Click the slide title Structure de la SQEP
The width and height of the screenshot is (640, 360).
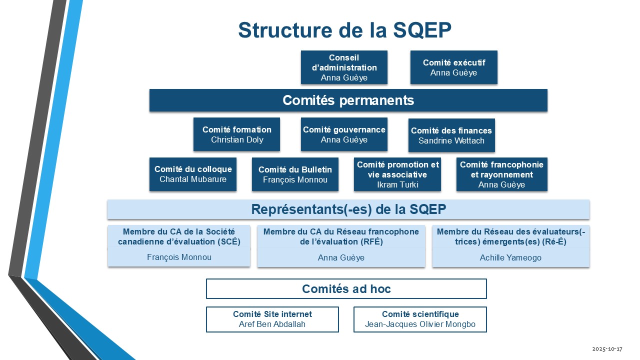tap(344, 30)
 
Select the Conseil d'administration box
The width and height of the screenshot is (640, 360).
tap(344, 67)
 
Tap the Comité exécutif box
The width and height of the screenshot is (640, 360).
tap(453, 67)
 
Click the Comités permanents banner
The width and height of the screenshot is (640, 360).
tap(348, 100)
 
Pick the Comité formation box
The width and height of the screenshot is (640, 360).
tap(236, 134)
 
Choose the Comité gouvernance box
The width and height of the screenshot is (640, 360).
tap(344, 134)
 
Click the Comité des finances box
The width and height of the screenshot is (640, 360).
tap(451, 135)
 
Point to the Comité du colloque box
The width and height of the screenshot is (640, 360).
tap(193, 174)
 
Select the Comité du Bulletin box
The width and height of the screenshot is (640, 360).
tap(295, 174)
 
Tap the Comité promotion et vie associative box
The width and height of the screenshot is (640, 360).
tap(397, 174)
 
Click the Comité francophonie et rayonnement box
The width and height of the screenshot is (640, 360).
tap(501, 174)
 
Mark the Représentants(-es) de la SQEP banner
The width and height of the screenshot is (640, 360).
tap(348, 209)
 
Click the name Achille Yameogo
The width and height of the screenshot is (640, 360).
tap(510, 258)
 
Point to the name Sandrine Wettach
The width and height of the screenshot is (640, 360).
tap(451, 141)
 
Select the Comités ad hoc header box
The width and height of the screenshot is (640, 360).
tap(346, 289)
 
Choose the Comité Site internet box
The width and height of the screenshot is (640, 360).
tap(272, 319)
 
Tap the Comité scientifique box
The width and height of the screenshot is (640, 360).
tap(420, 319)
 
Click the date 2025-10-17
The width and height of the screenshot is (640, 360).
tap(607, 348)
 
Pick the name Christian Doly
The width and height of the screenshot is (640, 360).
tap(236, 140)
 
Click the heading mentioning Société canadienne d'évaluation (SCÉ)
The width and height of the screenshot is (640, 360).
tap(178, 236)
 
